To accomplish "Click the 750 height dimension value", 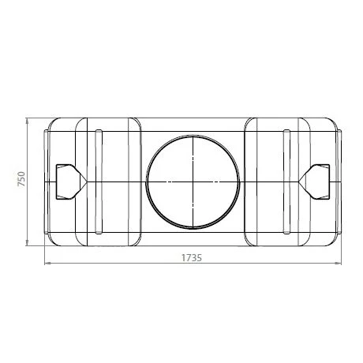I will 24,180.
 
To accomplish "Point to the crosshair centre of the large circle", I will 191,181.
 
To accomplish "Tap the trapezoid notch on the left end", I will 66,181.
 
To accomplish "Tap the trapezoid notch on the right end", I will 316,181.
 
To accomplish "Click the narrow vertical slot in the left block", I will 97,181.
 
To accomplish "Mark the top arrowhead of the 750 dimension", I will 28,120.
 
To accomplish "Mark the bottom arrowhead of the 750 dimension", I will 28,241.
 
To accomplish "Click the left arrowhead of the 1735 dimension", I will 46,264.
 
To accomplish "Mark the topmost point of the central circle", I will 191,135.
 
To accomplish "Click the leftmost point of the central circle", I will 146,181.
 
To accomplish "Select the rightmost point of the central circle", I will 237,181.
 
